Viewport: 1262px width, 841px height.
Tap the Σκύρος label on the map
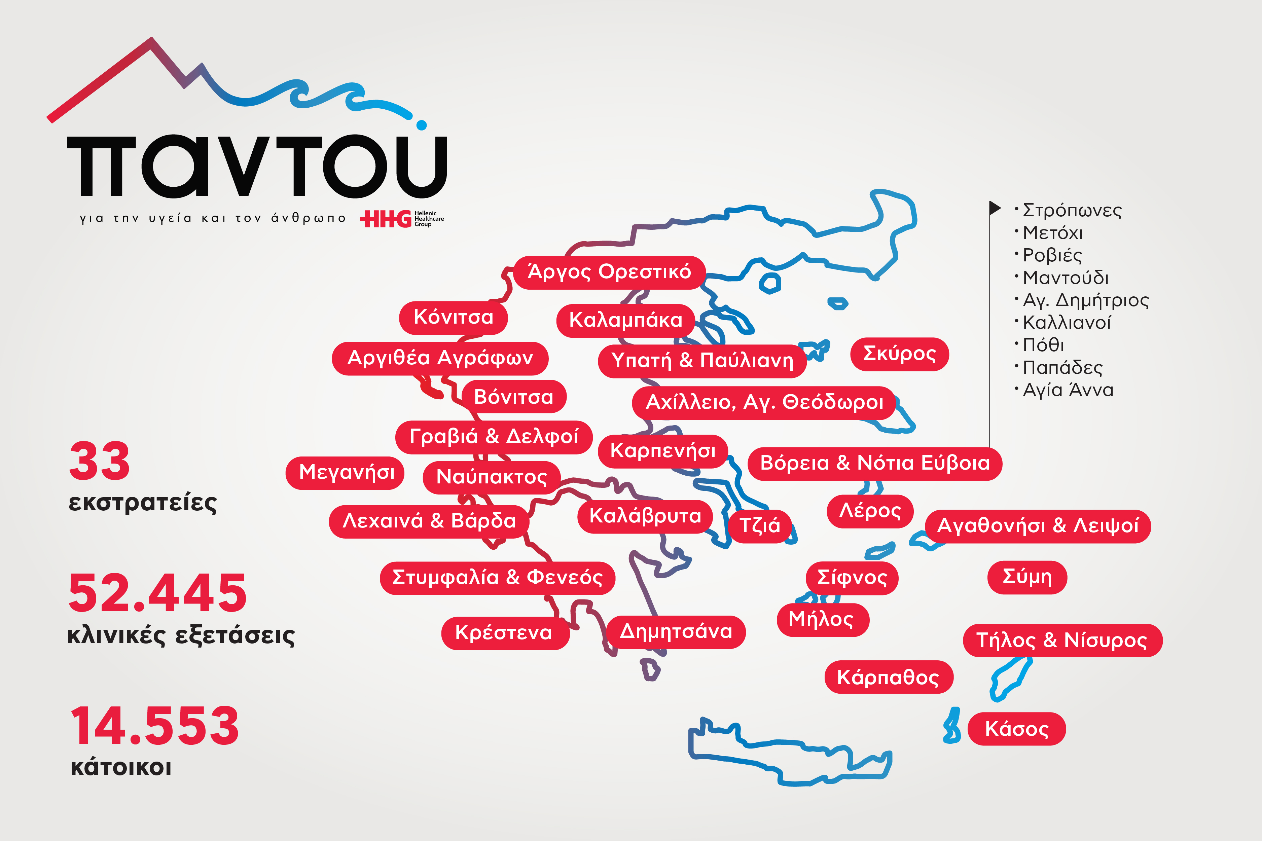pos(899,354)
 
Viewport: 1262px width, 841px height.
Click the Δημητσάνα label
pos(676,632)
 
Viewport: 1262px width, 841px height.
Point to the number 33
pos(100,461)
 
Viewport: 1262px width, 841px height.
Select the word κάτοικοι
pos(121,768)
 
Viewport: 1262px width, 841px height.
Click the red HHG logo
pos(385,219)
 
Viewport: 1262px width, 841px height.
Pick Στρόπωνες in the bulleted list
pos(1072,210)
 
